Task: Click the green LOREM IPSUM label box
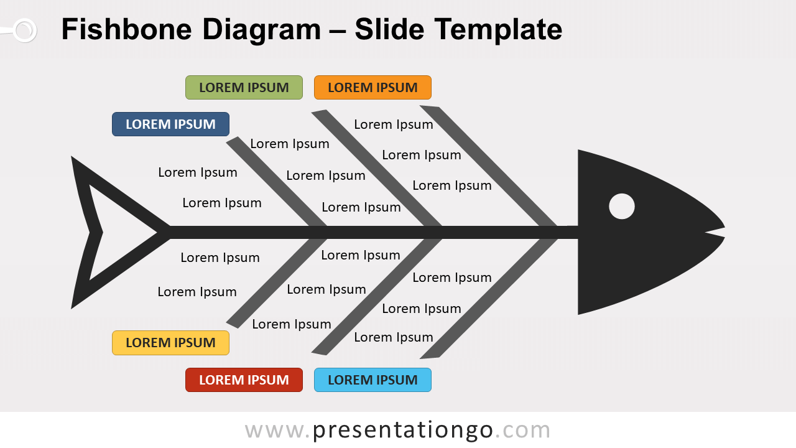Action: pos(244,88)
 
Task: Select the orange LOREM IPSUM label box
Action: pos(373,88)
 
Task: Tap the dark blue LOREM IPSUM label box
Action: pos(170,124)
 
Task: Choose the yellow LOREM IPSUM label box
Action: pos(170,343)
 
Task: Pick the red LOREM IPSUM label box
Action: pos(244,380)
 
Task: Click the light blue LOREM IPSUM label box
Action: pos(373,380)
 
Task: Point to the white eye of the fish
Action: pos(621,207)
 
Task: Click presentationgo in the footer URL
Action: pos(402,430)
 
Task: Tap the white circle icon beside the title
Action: pos(24,30)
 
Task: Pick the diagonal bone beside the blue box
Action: pos(277,184)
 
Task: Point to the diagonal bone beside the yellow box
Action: pos(277,281)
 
